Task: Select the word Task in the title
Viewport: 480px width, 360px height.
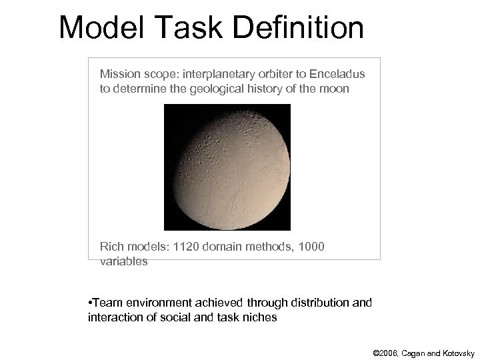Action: [x=191, y=28]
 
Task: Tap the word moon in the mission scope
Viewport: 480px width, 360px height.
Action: [x=334, y=88]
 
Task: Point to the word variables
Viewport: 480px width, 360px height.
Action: [x=123, y=261]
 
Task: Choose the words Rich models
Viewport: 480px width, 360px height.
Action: [x=133, y=247]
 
